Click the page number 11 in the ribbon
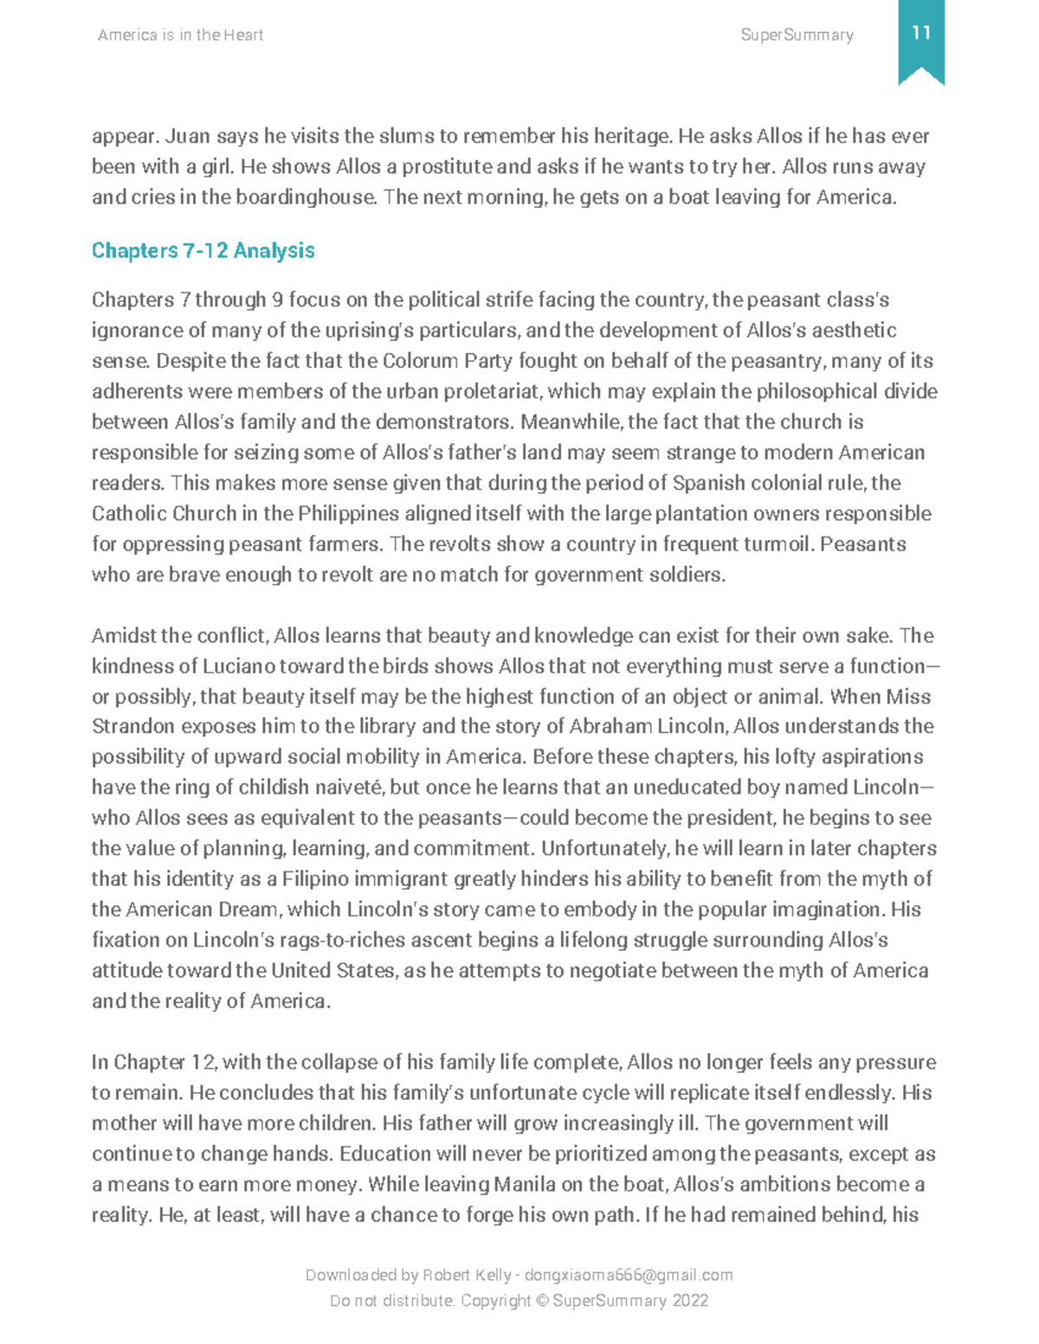point(920,33)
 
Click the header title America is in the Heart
point(180,35)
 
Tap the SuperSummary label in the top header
point(797,35)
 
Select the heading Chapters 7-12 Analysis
point(203,250)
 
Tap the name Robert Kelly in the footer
point(466,1275)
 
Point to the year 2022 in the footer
point(690,1301)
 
